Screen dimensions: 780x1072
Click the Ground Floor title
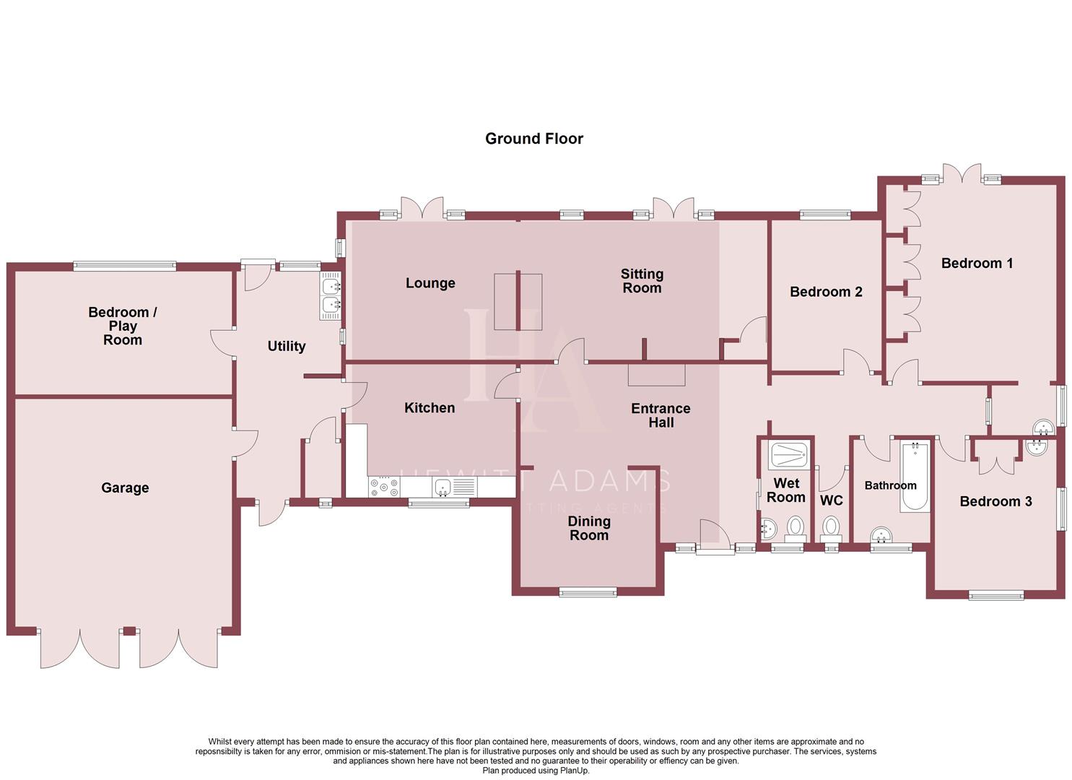[x=533, y=139]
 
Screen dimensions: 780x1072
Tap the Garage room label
[x=125, y=488]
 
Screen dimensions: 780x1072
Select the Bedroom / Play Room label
[x=123, y=326]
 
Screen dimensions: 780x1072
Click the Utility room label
[x=287, y=347]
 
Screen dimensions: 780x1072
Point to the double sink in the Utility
[x=330, y=296]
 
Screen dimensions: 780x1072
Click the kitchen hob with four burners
[x=383, y=487]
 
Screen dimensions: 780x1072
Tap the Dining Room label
[x=589, y=528]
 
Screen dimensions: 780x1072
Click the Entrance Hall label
[x=661, y=415]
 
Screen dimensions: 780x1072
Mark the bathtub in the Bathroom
[x=915, y=477]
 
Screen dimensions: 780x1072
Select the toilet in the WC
[x=831, y=528]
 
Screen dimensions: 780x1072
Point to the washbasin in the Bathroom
[x=881, y=535]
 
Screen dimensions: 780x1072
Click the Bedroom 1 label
[x=977, y=264]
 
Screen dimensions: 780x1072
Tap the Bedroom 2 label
[x=826, y=292]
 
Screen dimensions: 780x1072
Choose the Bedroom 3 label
[x=995, y=502]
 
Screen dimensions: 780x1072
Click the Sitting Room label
[x=642, y=281]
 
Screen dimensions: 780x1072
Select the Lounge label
[x=430, y=283]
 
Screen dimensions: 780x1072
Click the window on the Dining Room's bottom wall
[x=588, y=592]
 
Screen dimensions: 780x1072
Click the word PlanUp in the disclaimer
[x=574, y=771]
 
